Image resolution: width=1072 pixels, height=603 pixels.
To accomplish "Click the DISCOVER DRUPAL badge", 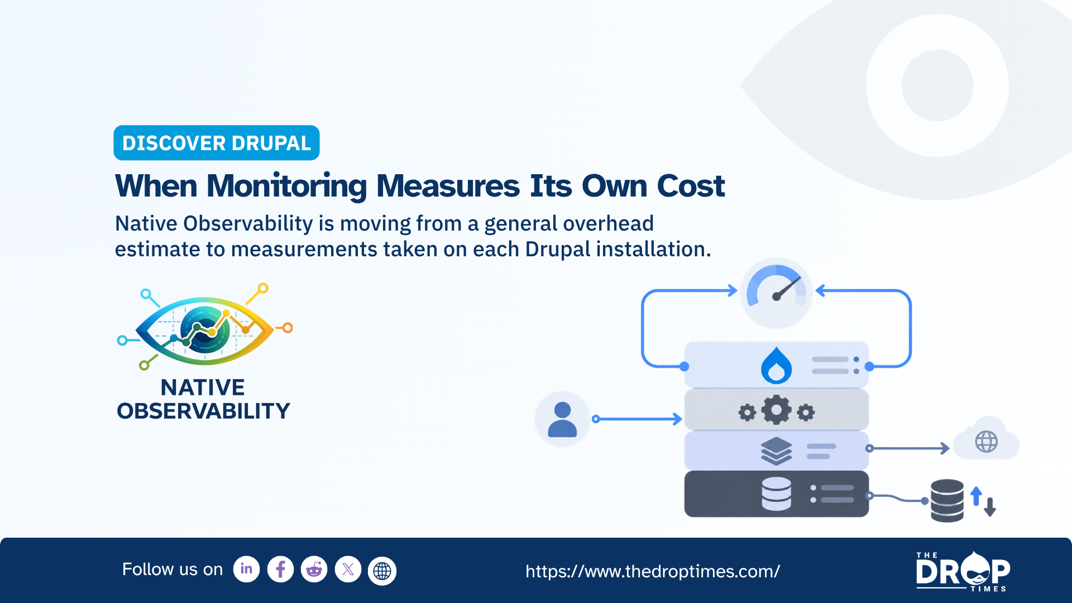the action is pyautogui.click(x=217, y=143).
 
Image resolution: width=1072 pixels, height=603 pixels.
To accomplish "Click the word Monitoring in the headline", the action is pyautogui.click(x=287, y=186).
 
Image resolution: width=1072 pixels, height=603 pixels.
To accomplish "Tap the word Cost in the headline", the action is pyautogui.click(x=691, y=186).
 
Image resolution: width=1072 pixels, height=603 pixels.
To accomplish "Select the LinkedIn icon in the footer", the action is pyautogui.click(x=246, y=569).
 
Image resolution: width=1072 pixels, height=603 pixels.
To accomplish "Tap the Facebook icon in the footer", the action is pyautogui.click(x=280, y=569).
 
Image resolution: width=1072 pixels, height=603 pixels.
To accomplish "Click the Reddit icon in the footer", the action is pyautogui.click(x=314, y=569).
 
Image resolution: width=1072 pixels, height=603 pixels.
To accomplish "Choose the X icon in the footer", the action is pyautogui.click(x=348, y=569).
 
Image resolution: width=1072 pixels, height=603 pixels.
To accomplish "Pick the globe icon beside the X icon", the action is pyautogui.click(x=382, y=571).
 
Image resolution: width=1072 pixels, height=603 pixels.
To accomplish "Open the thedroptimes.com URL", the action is pyautogui.click(x=653, y=571).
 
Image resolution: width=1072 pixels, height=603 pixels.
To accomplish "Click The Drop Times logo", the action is pyautogui.click(x=963, y=571).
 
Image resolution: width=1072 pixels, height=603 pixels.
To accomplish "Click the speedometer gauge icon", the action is pyautogui.click(x=776, y=293).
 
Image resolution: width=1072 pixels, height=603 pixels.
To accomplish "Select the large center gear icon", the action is pyautogui.click(x=777, y=410).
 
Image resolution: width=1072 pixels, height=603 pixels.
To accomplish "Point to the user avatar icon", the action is pyautogui.click(x=562, y=419).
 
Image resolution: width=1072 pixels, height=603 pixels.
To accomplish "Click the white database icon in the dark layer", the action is pyautogui.click(x=777, y=494).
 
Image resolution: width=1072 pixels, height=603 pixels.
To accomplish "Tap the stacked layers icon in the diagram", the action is pyautogui.click(x=777, y=451).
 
